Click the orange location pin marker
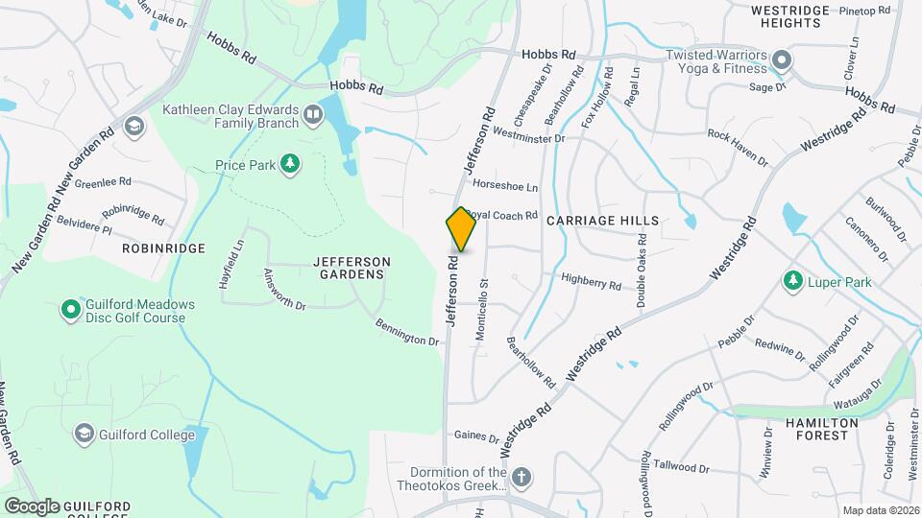(x=461, y=229)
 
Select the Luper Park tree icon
(x=793, y=282)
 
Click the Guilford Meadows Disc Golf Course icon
(x=70, y=310)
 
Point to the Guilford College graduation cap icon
(x=84, y=434)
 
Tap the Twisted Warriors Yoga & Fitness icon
(x=782, y=62)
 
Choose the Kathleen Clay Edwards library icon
(x=312, y=116)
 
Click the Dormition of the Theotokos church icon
(x=522, y=478)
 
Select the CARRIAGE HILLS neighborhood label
(x=603, y=221)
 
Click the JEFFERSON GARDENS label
(x=352, y=268)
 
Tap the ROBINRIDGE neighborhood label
(x=164, y=247)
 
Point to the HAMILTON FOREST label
(x=821, y=429)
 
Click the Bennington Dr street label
(x=407, y=333)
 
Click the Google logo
(x=33, y=506)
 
